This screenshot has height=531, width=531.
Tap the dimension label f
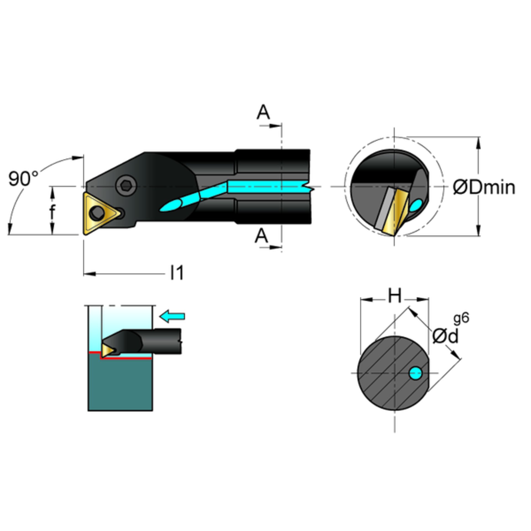[52, 212]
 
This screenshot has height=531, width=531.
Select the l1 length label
[177, 273]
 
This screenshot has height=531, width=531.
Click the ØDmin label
[484, 187]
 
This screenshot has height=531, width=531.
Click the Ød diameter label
[445, 336]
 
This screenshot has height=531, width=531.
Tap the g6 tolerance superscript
[461, 318]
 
